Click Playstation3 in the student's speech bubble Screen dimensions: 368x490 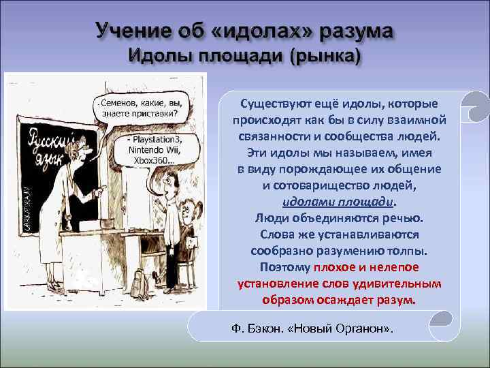pos(157,138)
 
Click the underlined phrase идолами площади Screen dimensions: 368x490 pos(338,202)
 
